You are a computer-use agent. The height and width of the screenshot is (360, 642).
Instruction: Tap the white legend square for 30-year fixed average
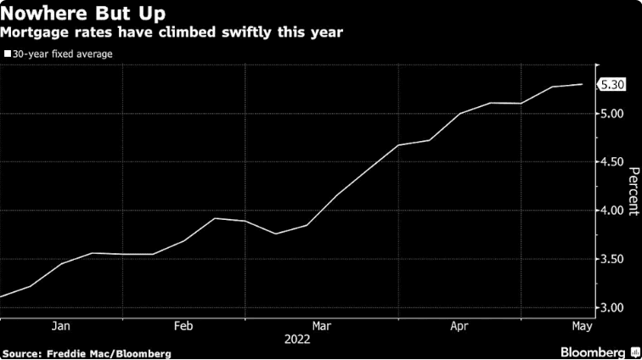coord(7,53)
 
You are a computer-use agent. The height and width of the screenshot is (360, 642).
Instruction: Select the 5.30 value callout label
coord(612,84)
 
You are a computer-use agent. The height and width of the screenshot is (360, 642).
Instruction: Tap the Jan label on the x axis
coord(61,325)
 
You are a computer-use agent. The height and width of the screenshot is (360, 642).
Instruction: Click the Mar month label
coord(322,325)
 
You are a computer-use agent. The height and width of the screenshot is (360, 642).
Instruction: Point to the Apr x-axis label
coord(459,325)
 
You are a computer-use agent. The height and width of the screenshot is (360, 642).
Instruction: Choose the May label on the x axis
coord(580,325)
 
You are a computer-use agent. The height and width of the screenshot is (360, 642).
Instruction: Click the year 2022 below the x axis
coord(298,339)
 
